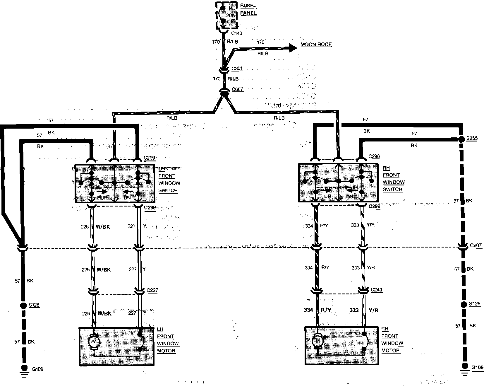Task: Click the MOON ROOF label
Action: [x=316, y=45]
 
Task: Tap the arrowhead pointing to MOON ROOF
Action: [x=293, y=48]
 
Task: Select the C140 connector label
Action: [x=237, y=34]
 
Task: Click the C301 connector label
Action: [x=237, y=69]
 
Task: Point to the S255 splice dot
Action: [x=461, y=139]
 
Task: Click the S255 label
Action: [x=472, y=138]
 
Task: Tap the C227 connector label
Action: [x=152, y=290]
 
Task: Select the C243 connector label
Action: [x=376, y=290]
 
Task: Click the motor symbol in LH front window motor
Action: [x=94, y=342]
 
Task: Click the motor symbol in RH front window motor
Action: [x=317, y=341]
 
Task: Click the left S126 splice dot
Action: [x=23, y=306]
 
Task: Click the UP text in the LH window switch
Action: [x=104, y=198]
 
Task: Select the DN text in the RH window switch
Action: [x=349, y=197]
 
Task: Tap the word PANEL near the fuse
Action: [x=248, y=13]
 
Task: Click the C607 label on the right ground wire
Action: [x=476, y=245]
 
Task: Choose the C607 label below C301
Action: [x=237, y=89]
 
